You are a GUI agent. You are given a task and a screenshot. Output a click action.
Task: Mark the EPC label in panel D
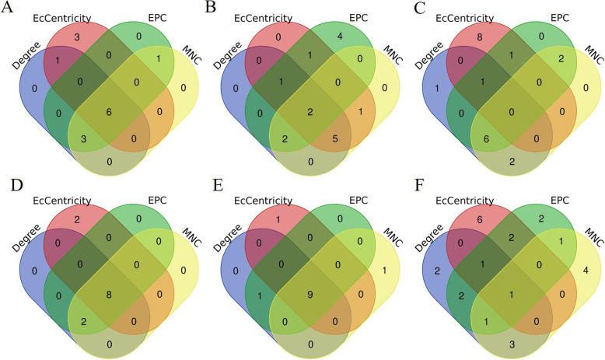[x=148, y=199]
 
